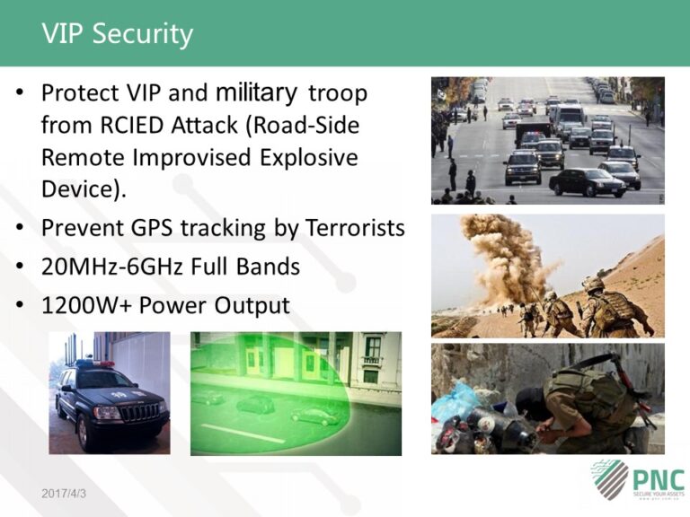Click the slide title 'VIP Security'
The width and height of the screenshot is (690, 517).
coord(117,34)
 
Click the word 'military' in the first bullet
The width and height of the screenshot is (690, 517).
coord(256,92)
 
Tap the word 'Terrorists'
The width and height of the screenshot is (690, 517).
coord(353,228)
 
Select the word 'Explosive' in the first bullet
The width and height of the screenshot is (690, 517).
coord(308,157)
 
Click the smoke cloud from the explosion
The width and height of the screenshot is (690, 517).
coord(509,256)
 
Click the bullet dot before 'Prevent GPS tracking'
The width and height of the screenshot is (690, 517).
coord(21,229)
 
